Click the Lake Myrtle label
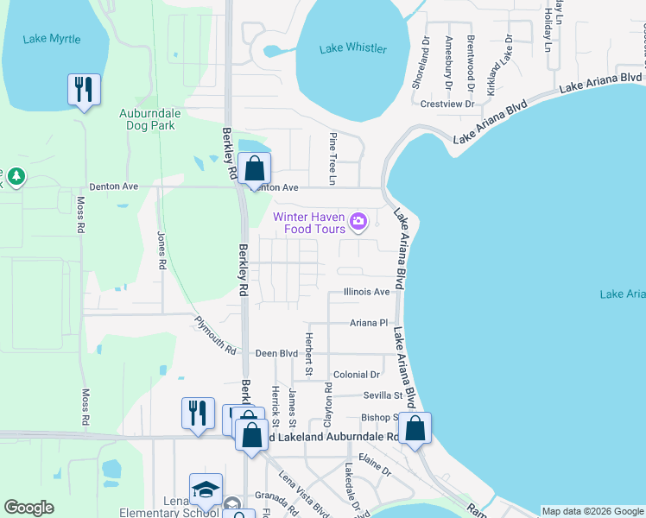[x=53, y=39]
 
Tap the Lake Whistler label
[x=352, y=48]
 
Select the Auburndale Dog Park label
[x=147, y=118]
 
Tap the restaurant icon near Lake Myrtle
[x=84, y=90]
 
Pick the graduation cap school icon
[x=206, y=490]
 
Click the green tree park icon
[x=16, y=177]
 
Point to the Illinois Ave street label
[x=366, y=292]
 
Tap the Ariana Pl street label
[x=369, y=323]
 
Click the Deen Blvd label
[x=276, y=354]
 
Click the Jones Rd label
[x=161, y=250]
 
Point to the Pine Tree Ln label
[x=332, y=159]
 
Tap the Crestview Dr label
[x=446, y=104]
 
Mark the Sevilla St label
[x=386, y=395]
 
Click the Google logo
[x=28, y=508]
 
